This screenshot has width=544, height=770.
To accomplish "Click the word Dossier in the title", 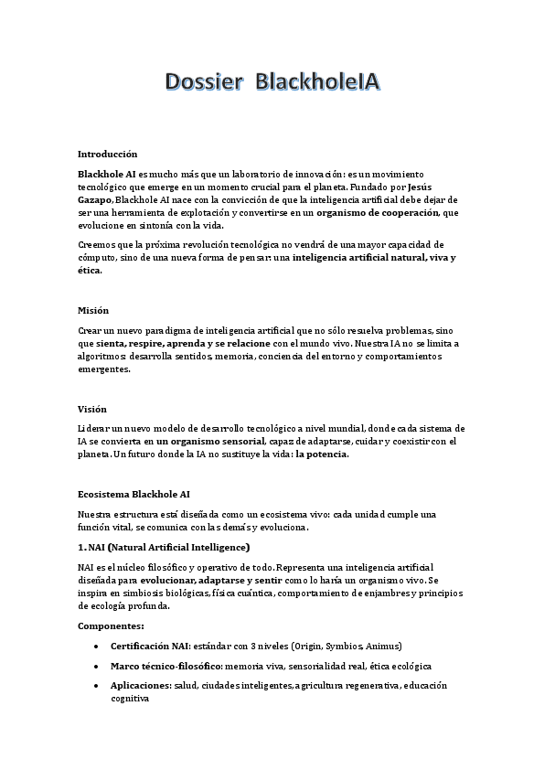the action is [203, 83].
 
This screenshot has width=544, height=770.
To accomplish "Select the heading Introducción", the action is [108, 154].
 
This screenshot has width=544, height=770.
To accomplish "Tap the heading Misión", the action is [93, 310].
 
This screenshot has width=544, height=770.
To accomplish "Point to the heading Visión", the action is [92, 409].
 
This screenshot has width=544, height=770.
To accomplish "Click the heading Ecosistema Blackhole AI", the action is [133, 494].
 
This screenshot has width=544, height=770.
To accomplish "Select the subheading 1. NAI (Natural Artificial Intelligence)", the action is [164, 547].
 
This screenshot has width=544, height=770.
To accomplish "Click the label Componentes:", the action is [111, 626].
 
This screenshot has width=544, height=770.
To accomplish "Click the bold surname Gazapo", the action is [95, 199].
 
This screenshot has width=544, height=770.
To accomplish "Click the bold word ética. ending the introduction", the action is [90, 271].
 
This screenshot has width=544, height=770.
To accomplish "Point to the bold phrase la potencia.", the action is [322, 454].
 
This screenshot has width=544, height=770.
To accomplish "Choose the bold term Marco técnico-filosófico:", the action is [165, 666].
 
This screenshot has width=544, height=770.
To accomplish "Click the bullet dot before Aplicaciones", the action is [97, 686].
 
